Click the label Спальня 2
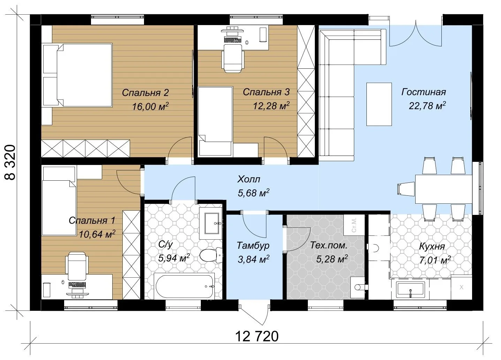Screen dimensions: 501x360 (145, 92)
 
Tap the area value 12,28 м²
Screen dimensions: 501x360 (271, 105)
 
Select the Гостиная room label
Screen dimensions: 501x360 (423, 92)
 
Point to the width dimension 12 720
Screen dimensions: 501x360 (257, 336)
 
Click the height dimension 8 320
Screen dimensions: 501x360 (10, 163)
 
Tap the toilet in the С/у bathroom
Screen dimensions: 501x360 (211, 255)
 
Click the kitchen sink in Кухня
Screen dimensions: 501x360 (410, 290)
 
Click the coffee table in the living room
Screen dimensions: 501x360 (379, 104)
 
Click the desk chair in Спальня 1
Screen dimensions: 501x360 (77, 266)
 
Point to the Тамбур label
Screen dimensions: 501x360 (253, 246)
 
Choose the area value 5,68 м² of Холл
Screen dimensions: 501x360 (253, 193)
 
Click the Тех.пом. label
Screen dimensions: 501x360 (328, 245)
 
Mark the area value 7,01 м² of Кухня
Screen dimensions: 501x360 (435, 260)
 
